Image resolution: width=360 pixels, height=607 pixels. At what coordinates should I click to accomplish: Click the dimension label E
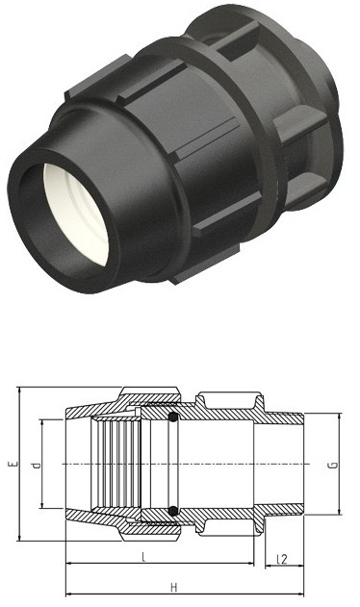click(x=14, y=463)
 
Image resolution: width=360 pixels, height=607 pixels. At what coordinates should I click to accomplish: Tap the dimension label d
click(x=37, y=466)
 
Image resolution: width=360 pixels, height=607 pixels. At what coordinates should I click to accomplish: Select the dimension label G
click(x=333, y=465)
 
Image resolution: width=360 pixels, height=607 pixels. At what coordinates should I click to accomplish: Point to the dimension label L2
click(x=282, y=560)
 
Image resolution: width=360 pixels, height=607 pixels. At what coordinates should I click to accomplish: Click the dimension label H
click(x=173, y=588)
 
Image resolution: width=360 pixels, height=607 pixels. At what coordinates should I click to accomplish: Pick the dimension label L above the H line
click(x=143, y=557)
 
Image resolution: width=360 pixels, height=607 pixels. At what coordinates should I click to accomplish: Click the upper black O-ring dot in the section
click(x=173, y=417)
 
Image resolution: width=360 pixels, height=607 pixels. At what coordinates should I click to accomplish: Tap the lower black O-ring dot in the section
click(x=173, y=511)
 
